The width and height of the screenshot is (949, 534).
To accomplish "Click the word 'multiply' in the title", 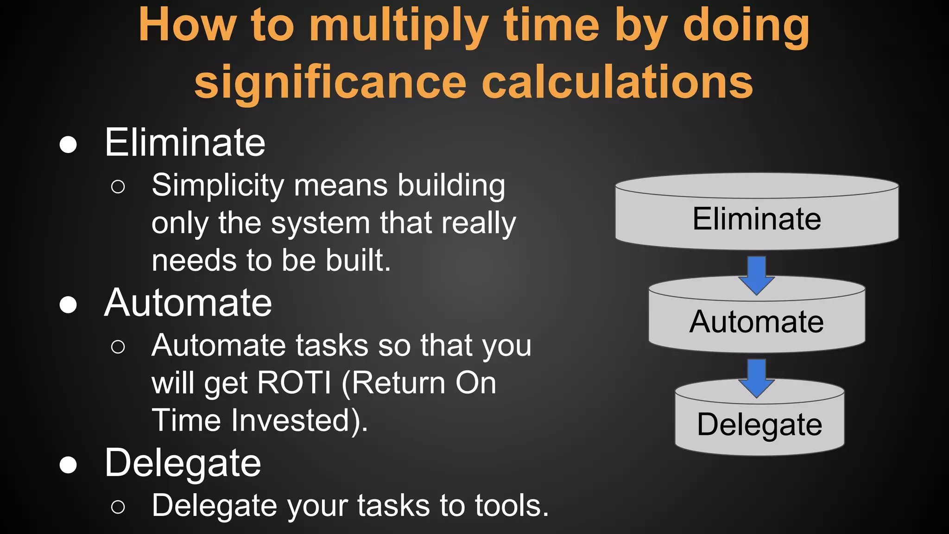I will tap(398, 26).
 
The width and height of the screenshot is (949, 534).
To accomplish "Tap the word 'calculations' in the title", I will tap(617, 83).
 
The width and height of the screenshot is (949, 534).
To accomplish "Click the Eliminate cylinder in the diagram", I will tap(757, 218).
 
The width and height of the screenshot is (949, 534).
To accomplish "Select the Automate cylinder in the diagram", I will tap(757, 322).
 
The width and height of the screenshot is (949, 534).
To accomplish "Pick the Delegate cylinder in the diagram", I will tap(759, 425).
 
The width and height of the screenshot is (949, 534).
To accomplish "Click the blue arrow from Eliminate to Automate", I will tap(757, 275).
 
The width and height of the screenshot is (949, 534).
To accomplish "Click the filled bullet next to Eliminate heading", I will tap(68, 145).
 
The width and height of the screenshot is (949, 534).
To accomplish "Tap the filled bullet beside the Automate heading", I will tap(68, 305).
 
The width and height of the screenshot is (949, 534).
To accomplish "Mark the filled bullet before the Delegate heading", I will tap(68, 465).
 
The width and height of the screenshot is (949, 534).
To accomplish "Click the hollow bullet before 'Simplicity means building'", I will tap(118, 187).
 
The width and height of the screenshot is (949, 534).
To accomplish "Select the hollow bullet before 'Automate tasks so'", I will tap(118, 347).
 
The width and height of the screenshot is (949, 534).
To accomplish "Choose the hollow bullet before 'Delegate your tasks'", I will tap(118, 507).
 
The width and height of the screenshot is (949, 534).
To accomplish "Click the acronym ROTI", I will tap(294, 383).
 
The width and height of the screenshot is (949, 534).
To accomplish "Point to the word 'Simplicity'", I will tap(218, 185).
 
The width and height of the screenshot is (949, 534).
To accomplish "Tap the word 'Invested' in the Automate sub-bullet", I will tap(297, 420).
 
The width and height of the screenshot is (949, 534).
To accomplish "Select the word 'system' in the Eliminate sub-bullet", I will tap(321, 223).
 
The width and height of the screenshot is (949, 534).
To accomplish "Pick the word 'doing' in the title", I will tap(746, 26).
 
